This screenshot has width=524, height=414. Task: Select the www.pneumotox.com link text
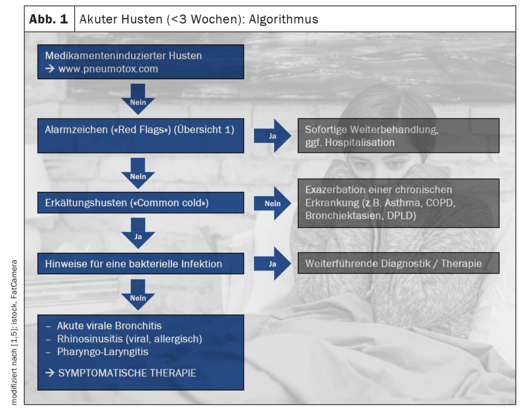tap(108, 69)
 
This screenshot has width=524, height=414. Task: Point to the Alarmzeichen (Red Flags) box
tap(141, 130)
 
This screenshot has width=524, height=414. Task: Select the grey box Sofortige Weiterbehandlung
tap(398, 135)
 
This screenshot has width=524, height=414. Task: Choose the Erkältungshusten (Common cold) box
tap(141, 203)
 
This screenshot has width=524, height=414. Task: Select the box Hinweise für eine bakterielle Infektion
tap(141, 263)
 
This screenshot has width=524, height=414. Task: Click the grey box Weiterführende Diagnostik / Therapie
tap(398, 263)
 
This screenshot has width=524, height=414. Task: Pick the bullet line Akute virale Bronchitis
tap(109, 326)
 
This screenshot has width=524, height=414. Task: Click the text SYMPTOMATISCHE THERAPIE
tap(127, 373)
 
